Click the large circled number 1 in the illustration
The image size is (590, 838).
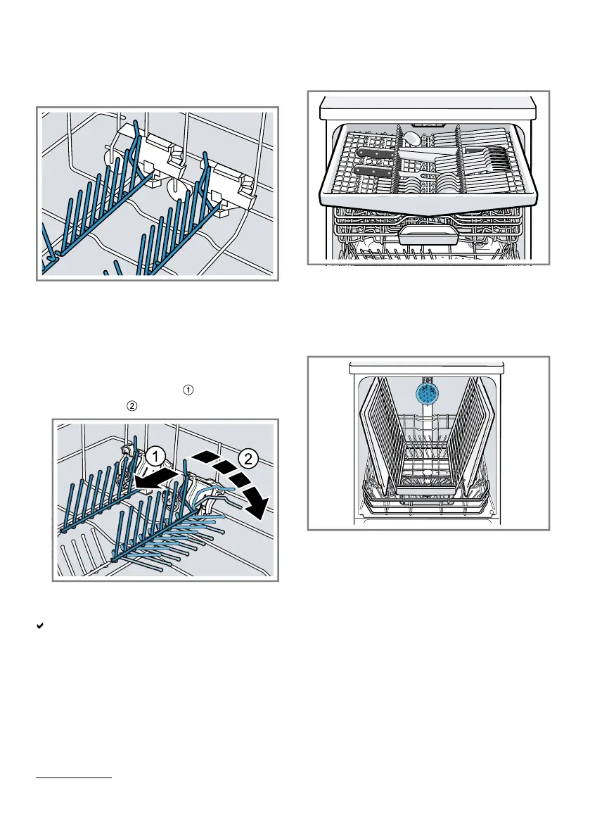click(x=155, y=457)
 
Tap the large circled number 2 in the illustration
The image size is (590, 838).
click(x=248, y=458)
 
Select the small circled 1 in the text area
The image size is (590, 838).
click(x=188, y=390)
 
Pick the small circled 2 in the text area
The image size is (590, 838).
click(x=132, y=406)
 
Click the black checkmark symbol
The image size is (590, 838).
click(x=39, y=626)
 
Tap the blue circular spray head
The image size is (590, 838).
click(x=427, y=392)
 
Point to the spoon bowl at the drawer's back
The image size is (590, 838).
click(x=411, y=138)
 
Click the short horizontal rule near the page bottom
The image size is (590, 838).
click(x=74, y=777)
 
